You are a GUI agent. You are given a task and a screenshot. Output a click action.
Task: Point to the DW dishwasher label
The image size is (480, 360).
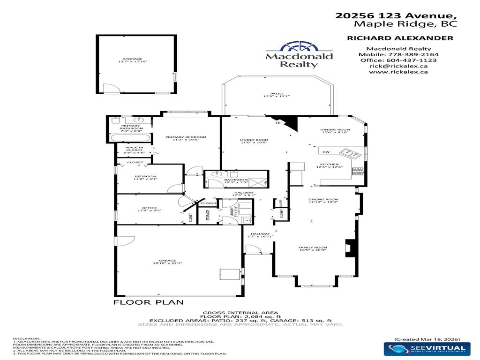326,152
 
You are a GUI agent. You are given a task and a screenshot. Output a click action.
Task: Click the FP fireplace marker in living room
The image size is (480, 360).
277,123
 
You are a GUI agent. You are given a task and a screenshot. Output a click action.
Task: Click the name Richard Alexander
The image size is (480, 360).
400,38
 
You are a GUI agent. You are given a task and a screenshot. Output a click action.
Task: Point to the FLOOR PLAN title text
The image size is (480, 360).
149,302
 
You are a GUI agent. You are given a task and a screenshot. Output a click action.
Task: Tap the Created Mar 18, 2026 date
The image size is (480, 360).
427,338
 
